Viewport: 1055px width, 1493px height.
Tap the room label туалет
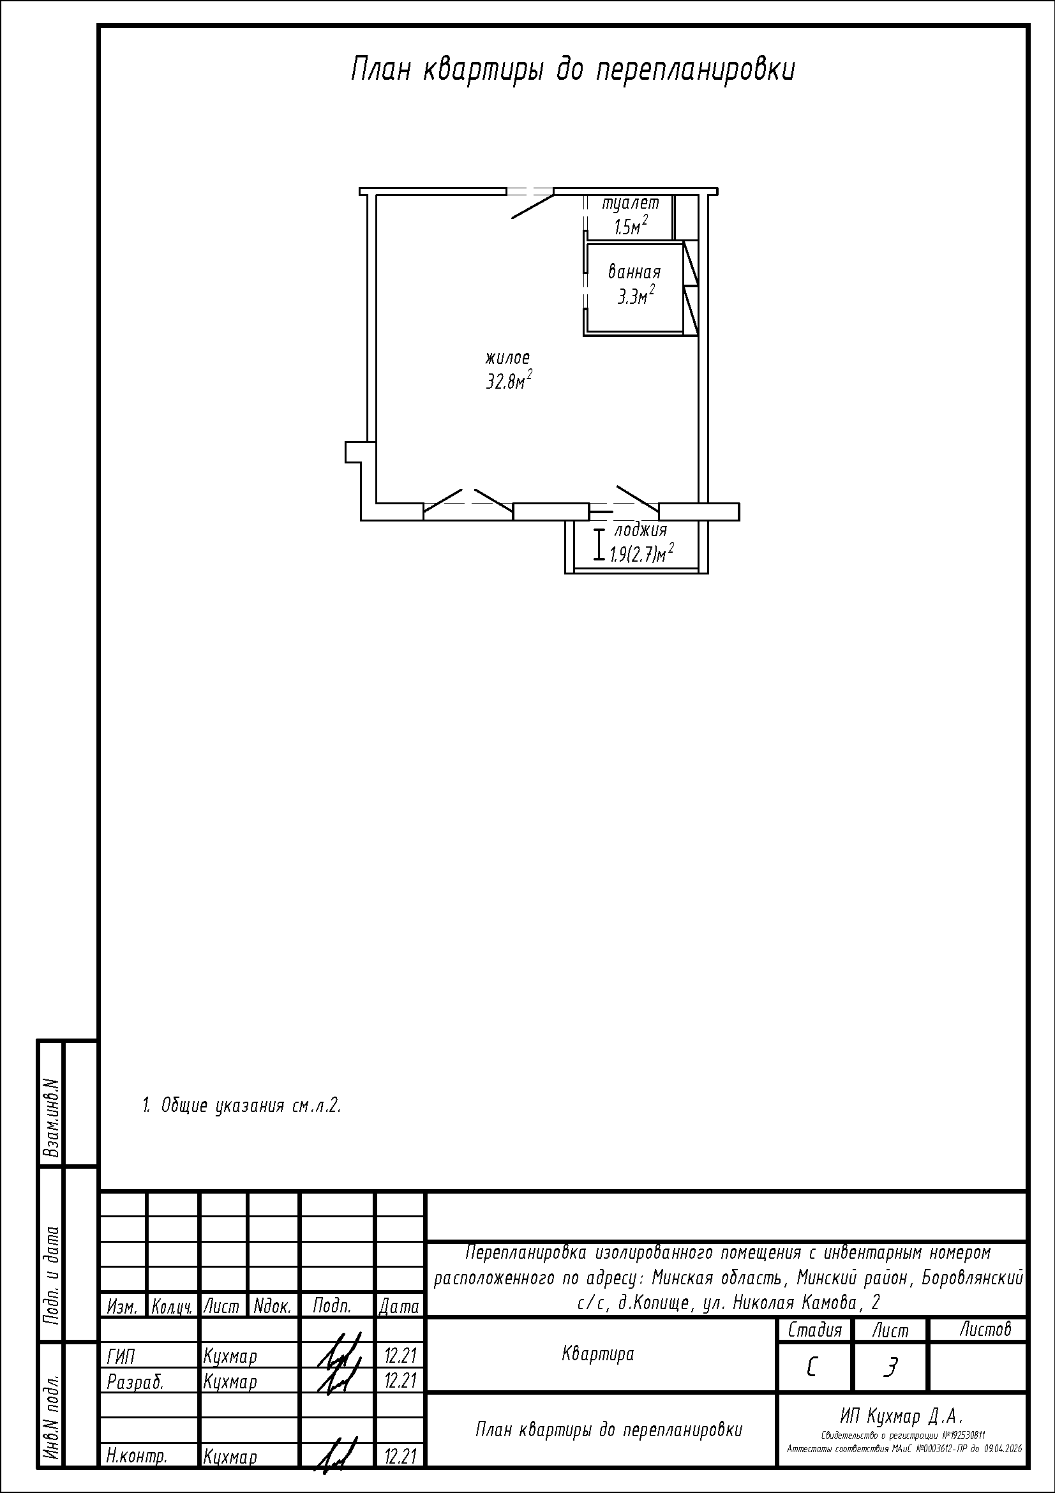click(630, 203)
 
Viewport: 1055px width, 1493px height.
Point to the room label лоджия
click(640, 530)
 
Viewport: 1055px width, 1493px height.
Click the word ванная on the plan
click(634, 272)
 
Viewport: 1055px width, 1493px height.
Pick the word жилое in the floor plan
click(507, 357)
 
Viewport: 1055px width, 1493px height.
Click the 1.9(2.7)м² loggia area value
click(641, 553)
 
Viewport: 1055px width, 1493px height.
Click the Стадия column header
click(814, 1330)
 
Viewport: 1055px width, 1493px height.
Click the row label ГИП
click(120, 1356)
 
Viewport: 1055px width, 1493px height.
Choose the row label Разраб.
click(135, 1382)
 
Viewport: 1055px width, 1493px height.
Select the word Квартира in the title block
click(598, 1354)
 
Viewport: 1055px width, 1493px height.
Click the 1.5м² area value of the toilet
click(630, 225)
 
